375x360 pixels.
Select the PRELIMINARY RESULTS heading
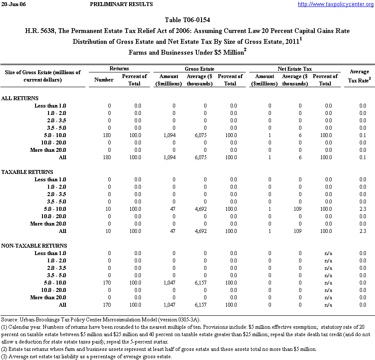tap(121, 4)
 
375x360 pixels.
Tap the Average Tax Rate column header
tap(359, 75)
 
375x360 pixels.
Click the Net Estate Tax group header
tap(294, 69)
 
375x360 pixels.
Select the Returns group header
tap(119, 69)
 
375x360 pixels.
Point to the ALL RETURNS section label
tap(20, 98)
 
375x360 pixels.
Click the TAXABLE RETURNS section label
tap(27, 172)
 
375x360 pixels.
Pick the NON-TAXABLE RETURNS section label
tap(34, 246)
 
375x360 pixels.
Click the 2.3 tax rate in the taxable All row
tap(362, 231)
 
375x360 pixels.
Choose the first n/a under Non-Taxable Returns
tap(328, 253)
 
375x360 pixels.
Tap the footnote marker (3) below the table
tap(4, 357)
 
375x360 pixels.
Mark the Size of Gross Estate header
tap(43, 76)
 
